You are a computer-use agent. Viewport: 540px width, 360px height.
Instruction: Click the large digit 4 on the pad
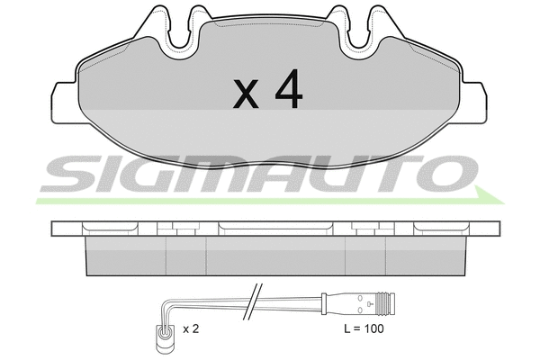coord(289,89)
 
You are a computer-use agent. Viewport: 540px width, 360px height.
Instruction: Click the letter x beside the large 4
coord(246,94)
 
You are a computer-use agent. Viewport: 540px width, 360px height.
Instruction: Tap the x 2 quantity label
coord(191,329)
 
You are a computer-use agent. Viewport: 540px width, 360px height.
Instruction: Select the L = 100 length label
coord(364,328)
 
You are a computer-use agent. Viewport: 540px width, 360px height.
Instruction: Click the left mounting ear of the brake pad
coord(64,103)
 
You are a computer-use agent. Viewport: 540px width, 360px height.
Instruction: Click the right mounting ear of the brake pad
coord(473,103)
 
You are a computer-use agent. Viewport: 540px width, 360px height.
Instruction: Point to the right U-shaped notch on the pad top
coord(359,31)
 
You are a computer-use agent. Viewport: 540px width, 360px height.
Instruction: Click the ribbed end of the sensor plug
coord(386,304)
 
